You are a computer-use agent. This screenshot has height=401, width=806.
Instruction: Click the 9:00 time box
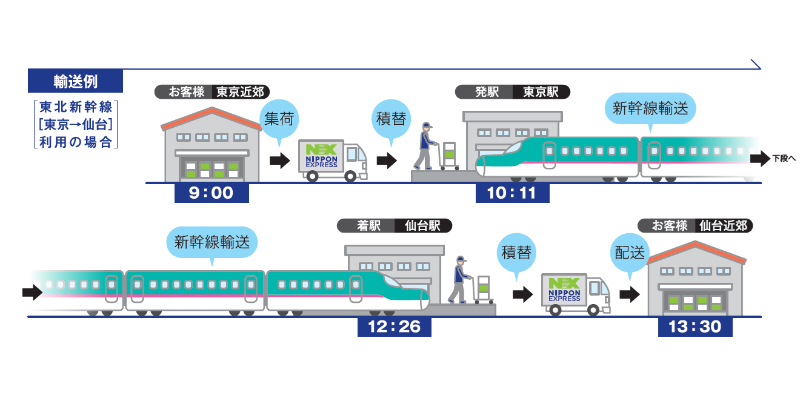[211, 193]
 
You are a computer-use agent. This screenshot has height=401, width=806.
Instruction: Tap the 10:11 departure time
[512, 193]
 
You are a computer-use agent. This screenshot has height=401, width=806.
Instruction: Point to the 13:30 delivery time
[694, 327]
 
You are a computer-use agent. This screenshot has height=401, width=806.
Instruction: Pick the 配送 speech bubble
[630, 253]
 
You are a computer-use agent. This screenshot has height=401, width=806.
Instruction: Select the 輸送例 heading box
[75, 81]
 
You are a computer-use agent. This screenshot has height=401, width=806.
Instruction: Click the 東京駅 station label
[541, 92]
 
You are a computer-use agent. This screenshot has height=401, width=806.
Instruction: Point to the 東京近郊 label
[241, 92]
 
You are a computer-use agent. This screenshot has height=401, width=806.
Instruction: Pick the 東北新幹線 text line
[75, 108]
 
